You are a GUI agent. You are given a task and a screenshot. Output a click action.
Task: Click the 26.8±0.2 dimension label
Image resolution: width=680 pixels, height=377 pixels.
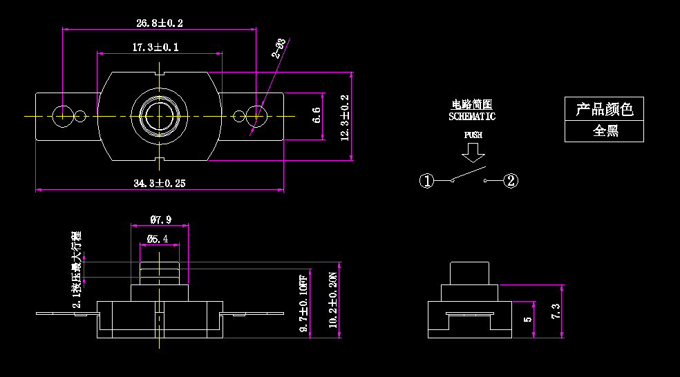pos(160,23)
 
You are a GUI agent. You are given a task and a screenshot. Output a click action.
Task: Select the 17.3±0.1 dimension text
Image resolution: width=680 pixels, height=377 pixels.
pos(155,48)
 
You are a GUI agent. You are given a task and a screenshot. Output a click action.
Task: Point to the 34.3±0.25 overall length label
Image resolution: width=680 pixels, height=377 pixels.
pos(160,183)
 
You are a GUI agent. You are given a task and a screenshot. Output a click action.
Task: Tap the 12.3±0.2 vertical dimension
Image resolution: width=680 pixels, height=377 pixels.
pos(345,117)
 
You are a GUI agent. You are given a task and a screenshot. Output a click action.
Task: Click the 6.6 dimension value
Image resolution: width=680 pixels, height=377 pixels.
pos(317,115)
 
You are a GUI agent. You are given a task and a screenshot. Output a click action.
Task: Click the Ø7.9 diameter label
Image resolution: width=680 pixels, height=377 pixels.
pos(160,220)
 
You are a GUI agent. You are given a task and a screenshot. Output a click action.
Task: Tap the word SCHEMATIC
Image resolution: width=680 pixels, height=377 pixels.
pos(472,117)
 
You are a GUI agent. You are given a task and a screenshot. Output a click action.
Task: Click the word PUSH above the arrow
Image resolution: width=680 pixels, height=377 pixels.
pos(473,135)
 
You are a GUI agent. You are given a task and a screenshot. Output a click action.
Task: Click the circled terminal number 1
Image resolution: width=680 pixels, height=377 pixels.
pos(426,181)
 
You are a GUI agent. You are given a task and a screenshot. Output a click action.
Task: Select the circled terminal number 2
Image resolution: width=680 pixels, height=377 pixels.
pos(511,181)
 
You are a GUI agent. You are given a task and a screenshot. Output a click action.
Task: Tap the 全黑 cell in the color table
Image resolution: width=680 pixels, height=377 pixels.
pos(605,131)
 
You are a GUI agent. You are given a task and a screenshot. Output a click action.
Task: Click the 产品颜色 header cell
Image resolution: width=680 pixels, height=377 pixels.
pos(605,109)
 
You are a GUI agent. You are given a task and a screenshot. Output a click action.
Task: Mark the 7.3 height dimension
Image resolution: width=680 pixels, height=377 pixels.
pos(556,311)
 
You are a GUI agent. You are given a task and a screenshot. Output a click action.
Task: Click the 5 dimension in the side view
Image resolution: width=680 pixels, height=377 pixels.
pos(528,320)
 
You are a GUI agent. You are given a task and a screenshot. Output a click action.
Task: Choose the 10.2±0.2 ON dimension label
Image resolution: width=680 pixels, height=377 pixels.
pos(332,300)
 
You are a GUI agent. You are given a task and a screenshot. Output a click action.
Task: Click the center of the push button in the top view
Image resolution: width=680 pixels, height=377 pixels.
pos(160,115)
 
